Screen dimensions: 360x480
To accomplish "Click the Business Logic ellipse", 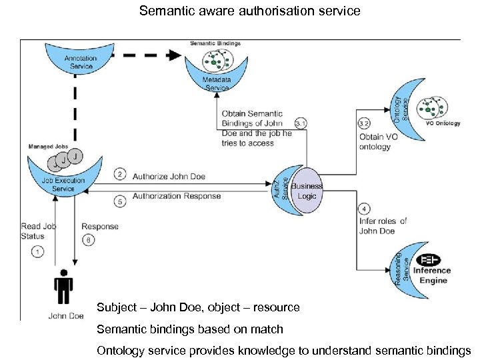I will [x=306, y=191].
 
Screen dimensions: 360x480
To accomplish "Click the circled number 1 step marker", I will [x=37, y=252].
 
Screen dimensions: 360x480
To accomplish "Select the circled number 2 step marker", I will [x=120, y=174].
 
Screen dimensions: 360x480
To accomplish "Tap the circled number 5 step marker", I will [x=120, y=201].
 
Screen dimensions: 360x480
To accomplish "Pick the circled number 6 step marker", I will [x=88, y=240].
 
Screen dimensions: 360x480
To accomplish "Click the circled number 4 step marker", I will [x=364, y=209].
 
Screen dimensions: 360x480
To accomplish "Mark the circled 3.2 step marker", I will [x=364, y=123].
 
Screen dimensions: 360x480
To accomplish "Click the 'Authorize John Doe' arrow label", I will [x=169, y=177].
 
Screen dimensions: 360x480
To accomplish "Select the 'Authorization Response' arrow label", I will [x=177, y=196].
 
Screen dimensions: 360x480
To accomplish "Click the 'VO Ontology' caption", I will [x=443, y=123].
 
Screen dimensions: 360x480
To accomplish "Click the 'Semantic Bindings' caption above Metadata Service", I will [x=215, y=43].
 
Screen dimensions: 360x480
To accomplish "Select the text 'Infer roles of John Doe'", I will [x=383, y=226].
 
